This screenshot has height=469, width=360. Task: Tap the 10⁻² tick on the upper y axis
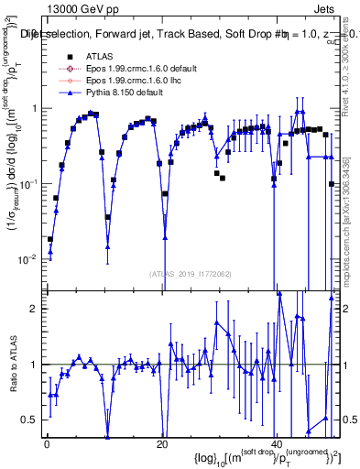coord(31,259)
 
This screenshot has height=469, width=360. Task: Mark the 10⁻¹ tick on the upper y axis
coord(31,184)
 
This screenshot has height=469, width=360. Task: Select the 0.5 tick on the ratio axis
coord(33,420)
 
